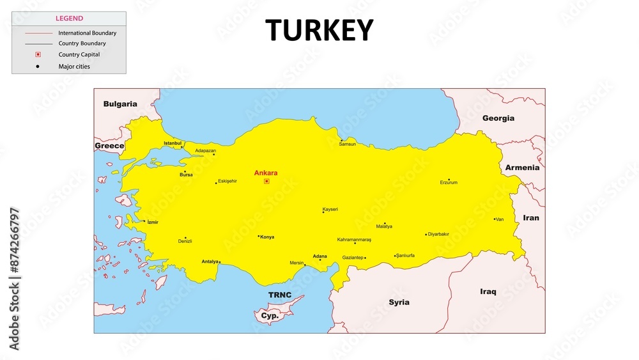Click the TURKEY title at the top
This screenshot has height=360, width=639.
319,30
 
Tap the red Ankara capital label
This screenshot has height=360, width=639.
266,173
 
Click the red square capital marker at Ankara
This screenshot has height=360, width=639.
266,181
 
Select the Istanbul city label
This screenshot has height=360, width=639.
173,143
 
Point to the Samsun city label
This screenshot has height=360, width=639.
348,145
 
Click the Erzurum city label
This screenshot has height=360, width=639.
449,183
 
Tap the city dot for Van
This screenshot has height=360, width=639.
495,219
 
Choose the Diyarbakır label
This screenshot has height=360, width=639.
438,234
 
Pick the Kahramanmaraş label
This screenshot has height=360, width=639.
354,240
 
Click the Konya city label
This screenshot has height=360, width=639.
267,237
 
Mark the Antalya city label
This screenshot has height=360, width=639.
210,262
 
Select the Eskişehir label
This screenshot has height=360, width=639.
227,181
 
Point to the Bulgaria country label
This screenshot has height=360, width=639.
120,104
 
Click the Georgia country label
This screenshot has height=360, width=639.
498,118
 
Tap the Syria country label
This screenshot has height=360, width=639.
399,302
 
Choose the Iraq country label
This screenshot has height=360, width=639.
488,292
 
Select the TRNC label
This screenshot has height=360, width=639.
280,295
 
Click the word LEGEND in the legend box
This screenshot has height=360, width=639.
69,19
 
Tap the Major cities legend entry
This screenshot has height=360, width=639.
74,66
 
